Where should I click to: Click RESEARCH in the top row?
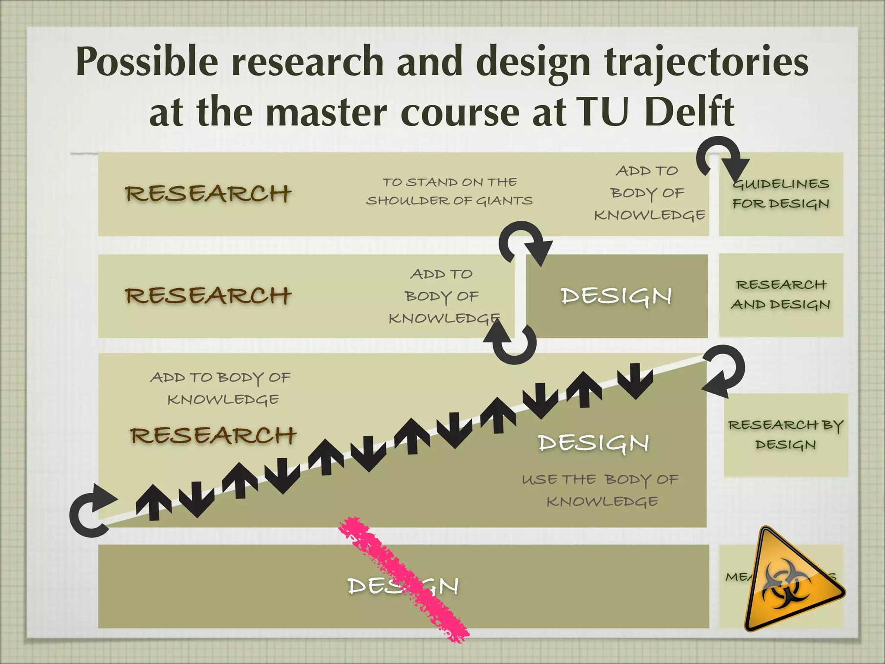(208, 193)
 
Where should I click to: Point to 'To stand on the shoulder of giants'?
(449, 192)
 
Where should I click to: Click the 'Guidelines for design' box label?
(781, 194)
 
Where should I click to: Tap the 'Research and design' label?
(781, 295)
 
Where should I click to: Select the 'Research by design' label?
(786, 435)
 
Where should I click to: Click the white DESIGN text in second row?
(616, 296)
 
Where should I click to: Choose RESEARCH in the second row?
(208, 296)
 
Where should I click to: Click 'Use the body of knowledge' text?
(601, 491)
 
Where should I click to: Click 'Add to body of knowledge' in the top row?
(649, 193)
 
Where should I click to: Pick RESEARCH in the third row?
(213, 435)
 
